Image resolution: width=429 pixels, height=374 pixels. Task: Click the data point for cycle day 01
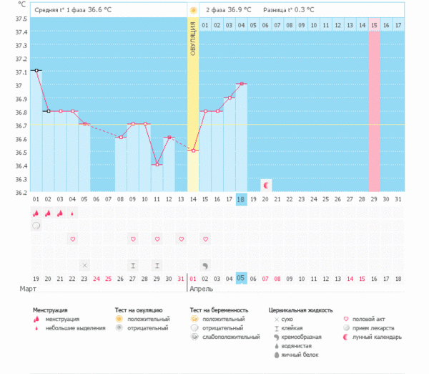pos(36,71)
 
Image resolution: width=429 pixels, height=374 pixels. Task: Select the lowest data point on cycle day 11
pos(157,165)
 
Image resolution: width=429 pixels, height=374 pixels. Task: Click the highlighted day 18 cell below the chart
pos(242,199)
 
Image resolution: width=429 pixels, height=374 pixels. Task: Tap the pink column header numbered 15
pos(374,25)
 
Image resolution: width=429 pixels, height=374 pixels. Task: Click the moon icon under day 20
pos(266,185)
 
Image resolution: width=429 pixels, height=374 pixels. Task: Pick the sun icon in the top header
pos(193,10)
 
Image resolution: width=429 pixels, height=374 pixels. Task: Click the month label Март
pos(28,288)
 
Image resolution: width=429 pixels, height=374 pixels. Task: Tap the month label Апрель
pos(202,288)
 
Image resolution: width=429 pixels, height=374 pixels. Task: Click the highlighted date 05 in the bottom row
pos(242,278)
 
